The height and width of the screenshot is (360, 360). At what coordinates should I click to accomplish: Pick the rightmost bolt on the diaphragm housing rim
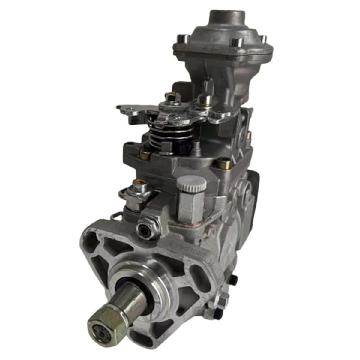click(x=263, y=39)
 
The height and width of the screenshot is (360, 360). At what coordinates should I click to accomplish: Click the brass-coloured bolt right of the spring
click(x=224, y=163)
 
